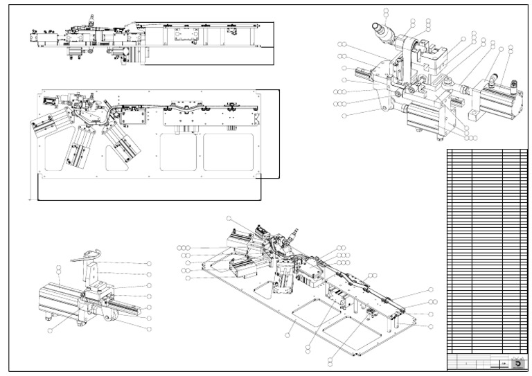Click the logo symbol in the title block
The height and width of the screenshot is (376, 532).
(x=517, y=363)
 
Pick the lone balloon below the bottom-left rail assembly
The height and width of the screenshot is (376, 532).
(x=51, y=331)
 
